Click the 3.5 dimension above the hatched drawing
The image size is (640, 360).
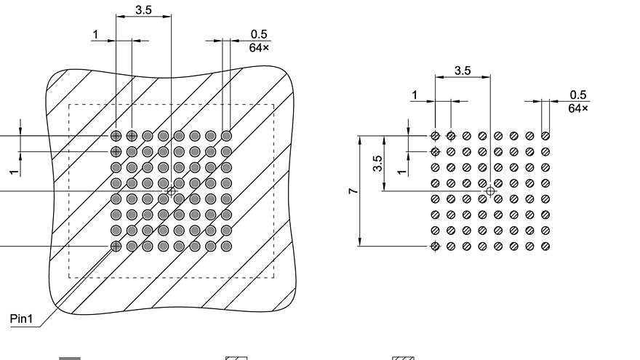pos(143,10)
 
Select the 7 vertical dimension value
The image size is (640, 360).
pos(353,191)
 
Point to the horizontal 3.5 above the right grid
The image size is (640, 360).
pos(463,71)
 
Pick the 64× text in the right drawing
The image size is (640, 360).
pos(578,108)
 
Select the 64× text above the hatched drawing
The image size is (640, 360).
pos(259,47)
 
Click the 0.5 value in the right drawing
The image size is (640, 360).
pos(578,95)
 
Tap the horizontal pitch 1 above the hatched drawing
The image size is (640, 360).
pos(95,34)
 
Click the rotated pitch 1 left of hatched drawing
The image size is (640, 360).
pos(13,172)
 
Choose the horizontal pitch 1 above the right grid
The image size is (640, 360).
pos(415,95)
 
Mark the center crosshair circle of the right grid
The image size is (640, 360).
pos(490,191)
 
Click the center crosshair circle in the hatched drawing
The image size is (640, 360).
pos(171,191)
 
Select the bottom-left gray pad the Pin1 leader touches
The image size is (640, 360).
pos(116,247)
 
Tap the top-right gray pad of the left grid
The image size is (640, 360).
pos(226,135)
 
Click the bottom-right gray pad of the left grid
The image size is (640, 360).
pos(226,247)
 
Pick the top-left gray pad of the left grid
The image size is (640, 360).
pos(116,135)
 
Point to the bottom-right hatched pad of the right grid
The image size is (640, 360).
pos(545,247)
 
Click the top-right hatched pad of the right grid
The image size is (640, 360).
pos(545,135)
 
